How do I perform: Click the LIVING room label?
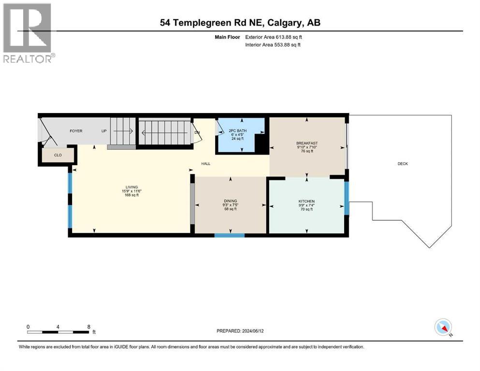click(131, 187)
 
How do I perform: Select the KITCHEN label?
click(306, 201)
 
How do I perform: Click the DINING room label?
click(230, 201)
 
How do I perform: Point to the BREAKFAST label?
click(306, 143)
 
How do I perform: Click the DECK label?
click(403, 164)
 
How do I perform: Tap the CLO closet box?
click(58, 155)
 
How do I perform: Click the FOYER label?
click(76, 131)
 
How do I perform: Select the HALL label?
click(206, 164)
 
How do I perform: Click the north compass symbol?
click(443, 328)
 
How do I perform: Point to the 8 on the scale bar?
click(88, 327)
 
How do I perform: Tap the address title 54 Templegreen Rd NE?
click(240, 23)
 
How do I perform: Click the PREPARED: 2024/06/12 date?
click(240, 331)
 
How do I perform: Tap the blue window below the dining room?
click(230, 235)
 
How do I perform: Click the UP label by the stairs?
click(103, 131)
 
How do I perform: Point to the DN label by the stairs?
click(197, 132)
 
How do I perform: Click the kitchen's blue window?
click(346, 198)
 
